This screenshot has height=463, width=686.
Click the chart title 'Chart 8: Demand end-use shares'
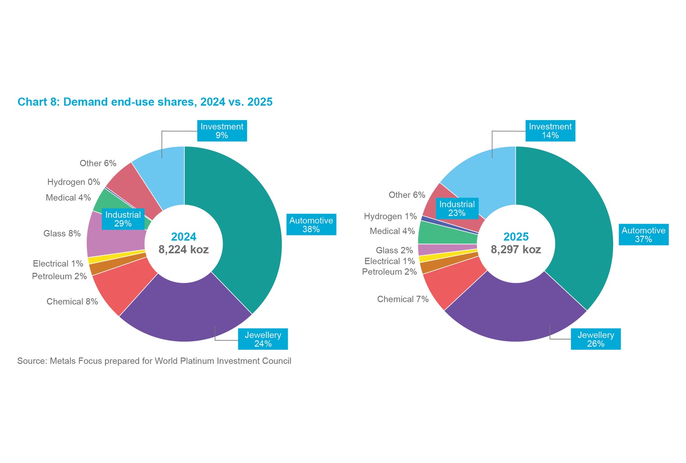click(145, 102)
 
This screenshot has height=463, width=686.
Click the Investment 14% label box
click(550, 131)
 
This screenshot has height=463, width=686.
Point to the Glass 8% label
click(62, 234)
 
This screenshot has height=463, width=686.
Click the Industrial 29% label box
click(123, 219)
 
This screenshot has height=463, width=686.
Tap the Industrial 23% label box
click(457, 209)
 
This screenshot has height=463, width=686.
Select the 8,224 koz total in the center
click(184, 250)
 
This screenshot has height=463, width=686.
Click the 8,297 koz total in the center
click(516, 250)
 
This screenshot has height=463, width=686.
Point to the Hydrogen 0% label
click(74, 182)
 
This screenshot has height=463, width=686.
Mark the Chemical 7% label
click(403, 299)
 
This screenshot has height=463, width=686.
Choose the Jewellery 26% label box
click(596, 339)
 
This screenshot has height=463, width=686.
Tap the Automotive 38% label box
click(311, 225)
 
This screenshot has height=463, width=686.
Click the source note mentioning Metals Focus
click(154, 361)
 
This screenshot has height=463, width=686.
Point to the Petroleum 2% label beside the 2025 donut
click(389, 272)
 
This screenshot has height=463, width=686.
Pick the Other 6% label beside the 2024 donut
click(98, 163)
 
